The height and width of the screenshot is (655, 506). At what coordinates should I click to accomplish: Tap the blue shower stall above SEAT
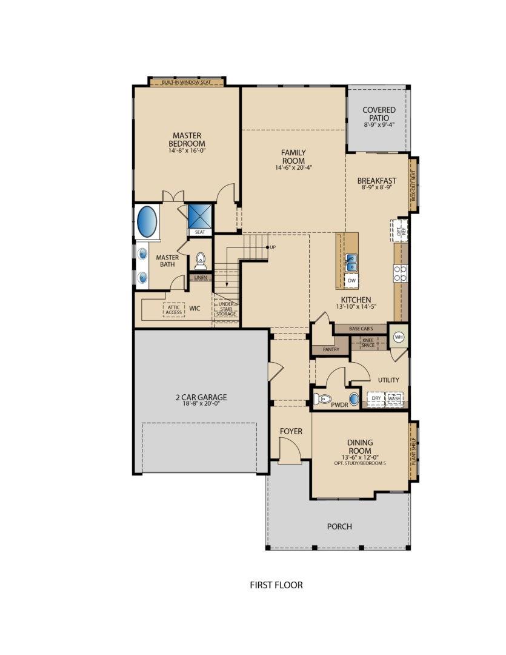click(199, 216)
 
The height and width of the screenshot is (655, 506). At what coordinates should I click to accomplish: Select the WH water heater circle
click(399, 337)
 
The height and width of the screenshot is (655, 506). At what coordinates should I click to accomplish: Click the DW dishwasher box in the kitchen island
click(351, 280)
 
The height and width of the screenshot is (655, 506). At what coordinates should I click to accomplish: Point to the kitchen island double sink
click(351, 262)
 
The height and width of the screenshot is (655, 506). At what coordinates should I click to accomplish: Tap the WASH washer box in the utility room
click(394, 399)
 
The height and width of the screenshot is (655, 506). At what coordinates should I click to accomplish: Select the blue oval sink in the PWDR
click(354, 400)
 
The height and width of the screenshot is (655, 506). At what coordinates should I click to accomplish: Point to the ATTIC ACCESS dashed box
click(174, 309)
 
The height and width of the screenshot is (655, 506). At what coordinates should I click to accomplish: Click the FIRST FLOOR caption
click(276, 585)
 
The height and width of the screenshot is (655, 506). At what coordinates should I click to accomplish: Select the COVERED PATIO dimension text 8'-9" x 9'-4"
click(379, 124)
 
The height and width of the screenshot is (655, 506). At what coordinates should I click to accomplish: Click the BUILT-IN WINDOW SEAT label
click(187, 82)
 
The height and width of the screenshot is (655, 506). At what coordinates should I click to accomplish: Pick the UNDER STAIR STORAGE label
click(226, 309)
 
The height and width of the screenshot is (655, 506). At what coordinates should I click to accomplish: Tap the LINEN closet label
click(200, 278)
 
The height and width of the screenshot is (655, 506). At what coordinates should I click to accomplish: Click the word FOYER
click(291, 431)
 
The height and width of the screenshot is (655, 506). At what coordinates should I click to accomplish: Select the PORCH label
click(339, 526)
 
